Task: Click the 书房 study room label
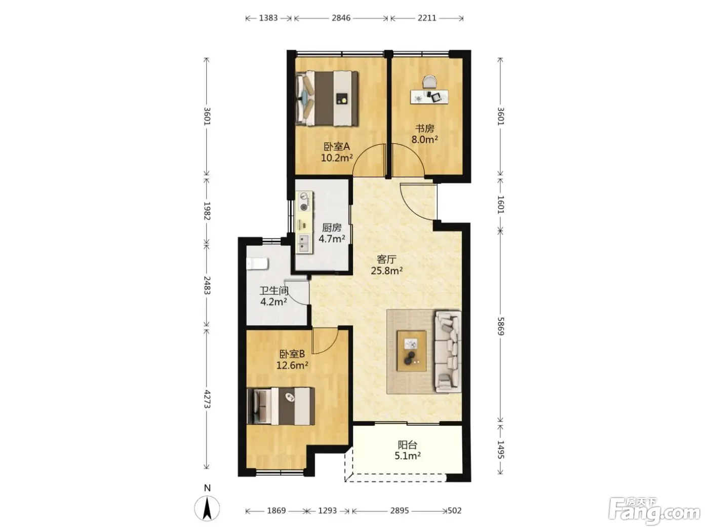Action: [x=424, y=129]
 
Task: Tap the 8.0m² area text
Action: [x=424, y=139]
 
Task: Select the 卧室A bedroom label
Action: [x=337, y=146]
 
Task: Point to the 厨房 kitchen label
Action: [x=331, y=227]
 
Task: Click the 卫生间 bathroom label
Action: [x=274, y=291]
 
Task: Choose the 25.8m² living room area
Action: [x=386, y=271]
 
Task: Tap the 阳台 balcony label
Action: [x=407, y=445]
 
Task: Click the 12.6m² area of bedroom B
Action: [x=292, y=365]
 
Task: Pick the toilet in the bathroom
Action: [x=257, y=263]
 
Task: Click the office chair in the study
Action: [x=429, y=82]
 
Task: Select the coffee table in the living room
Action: [x=411, y=351]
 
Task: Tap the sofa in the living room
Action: [x=448, y=352]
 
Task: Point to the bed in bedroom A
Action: [x=327, y=98]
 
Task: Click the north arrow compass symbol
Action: [x=207, y=508]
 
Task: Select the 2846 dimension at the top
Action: [x=341, y=18]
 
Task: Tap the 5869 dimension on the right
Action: [x=500, y=326]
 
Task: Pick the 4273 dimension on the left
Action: [x=207, y=399]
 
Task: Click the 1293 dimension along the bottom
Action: [x=327, y=510]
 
